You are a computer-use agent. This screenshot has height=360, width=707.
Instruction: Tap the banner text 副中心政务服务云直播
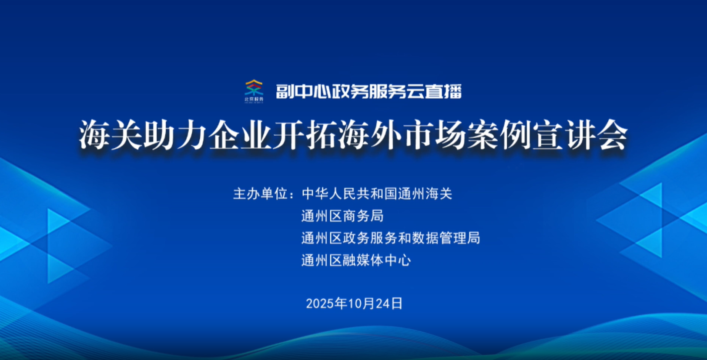[369, 92]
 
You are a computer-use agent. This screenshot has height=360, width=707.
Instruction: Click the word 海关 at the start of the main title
[110, 135]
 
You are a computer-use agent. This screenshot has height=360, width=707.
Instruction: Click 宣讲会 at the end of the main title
[580, 135]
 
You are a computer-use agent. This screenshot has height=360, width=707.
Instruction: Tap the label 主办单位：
[265, 193]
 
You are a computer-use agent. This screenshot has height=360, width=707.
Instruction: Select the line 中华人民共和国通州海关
[377, 193]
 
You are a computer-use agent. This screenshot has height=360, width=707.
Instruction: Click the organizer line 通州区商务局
[342, 216]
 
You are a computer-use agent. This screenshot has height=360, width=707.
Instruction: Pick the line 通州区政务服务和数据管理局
[391, 238]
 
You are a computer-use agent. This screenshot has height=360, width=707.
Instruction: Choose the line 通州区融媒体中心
[356, 260]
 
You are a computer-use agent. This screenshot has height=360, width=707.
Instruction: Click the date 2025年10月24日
[354, 303]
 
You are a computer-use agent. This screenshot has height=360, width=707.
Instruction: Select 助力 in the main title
[175, 135]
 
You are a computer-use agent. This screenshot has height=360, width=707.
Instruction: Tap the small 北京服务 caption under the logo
[254, 100]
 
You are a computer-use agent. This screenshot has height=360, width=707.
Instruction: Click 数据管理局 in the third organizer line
[446, 238]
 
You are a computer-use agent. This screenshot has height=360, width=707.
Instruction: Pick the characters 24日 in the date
[389, 303]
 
